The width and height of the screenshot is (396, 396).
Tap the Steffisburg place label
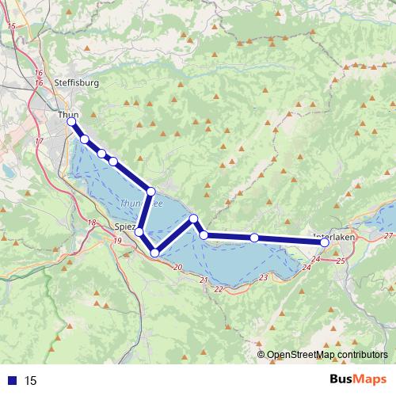coord(77,82)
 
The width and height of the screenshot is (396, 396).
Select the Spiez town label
coord(124,227)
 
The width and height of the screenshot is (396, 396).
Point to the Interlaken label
coord(334,236)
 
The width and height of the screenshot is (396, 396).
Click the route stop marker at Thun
coord(71,123)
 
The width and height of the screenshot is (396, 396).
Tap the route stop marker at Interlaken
coord(325,242)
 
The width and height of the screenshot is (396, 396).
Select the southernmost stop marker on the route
coord(154,253)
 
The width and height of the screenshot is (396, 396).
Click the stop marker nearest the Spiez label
coord(139,232)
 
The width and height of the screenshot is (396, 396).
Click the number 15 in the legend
coord(31,381)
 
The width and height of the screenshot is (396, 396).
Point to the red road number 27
coord(387,236)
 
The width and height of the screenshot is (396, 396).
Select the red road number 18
coord(93,223)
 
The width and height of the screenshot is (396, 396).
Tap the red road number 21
coord(204,280)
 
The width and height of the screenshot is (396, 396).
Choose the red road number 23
coord(263,277)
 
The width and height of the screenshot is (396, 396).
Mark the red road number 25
coord(341,260)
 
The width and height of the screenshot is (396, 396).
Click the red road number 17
coord(39,141)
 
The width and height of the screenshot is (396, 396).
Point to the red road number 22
coord(218,289)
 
